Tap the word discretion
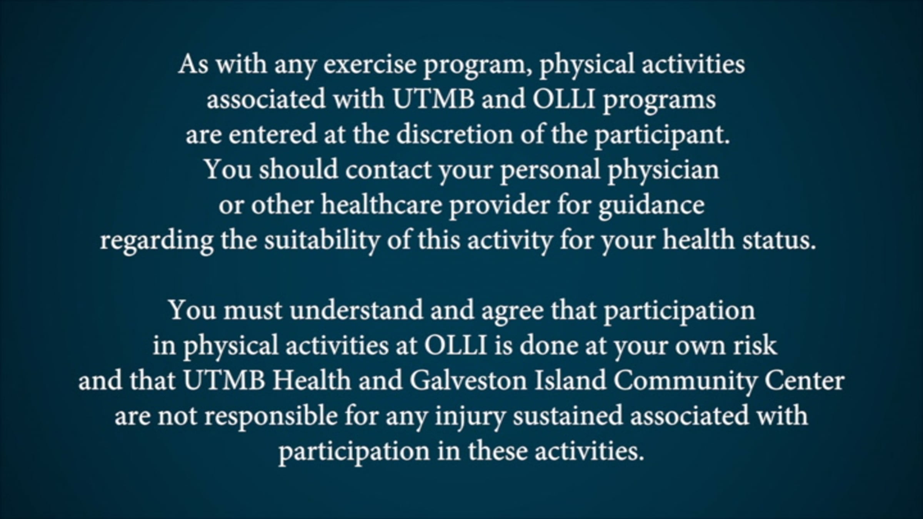click(x=455, y=135)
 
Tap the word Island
click(x=570, y=380)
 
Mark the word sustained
click(x=568, y=416)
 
